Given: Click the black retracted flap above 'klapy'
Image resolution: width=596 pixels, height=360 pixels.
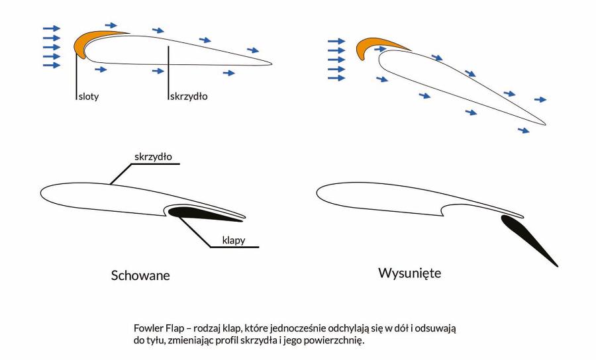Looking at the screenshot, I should click(x=199, y=213).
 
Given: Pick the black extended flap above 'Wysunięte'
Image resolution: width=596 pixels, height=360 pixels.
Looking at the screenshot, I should click(x=530, y=239).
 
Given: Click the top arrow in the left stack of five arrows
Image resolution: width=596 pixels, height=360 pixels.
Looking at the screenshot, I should click(x=51, y=28).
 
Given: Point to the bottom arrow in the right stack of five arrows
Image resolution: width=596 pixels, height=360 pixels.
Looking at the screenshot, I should click(x=336, y=78).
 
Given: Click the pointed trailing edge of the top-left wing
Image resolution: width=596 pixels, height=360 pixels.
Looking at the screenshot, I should click(x=270, y=64).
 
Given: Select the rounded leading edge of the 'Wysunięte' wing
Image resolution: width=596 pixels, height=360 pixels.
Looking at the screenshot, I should click(x=321, y=193).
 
